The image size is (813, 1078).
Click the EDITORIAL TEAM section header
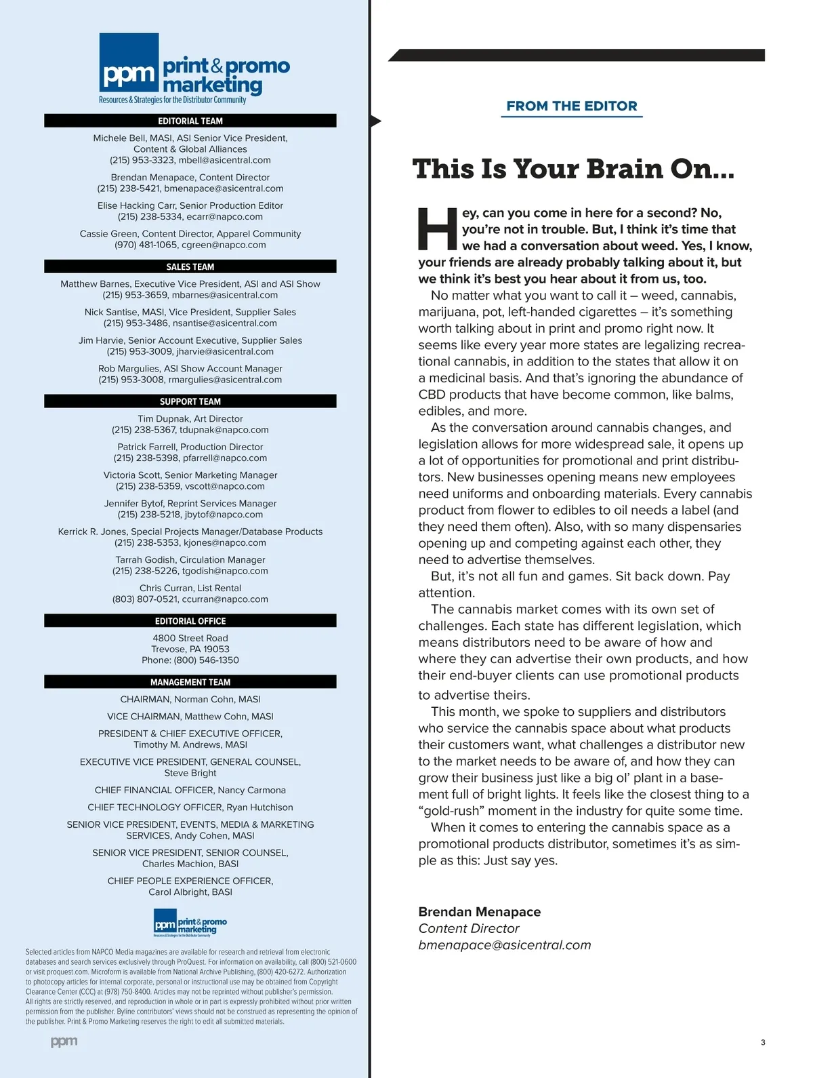(190, 121)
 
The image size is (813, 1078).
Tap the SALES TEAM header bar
(190, 266)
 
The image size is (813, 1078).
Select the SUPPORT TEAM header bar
(190, 401)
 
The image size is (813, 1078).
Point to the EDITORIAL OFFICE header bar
(190, 621)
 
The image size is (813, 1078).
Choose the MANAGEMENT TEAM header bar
(190, 682)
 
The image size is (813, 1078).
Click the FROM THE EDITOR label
(572, 106)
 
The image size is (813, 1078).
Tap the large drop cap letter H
(437, 229)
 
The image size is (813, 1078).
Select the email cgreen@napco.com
(224, 245)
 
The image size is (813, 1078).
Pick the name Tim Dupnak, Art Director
(190, 419)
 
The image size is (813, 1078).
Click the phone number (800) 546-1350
(206, 660)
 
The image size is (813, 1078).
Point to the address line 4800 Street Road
(190, 638)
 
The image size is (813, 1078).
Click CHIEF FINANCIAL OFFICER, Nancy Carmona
(190, 790)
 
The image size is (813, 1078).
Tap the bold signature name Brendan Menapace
(479, 912)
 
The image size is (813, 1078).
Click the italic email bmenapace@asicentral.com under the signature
(504, 945)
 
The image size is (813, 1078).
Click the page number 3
(763, 1042)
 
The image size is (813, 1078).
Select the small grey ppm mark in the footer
(64, 1041)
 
